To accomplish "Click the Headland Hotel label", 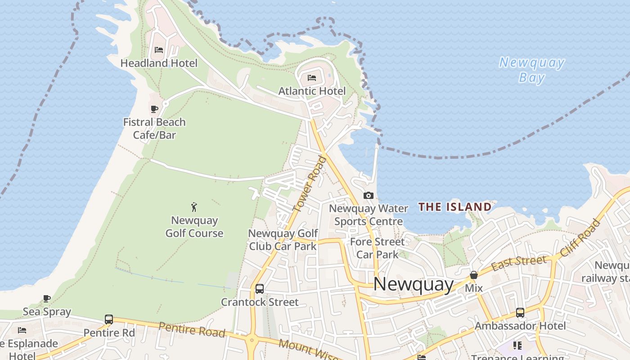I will [x=159, y=63].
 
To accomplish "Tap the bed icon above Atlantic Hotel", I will [x=312, y=78].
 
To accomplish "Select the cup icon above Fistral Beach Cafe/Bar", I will [x=154, y=109].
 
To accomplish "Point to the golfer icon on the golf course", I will [x=194, y=207].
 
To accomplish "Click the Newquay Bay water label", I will [x=532, y=70].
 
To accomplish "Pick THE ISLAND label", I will [x=455, y=207].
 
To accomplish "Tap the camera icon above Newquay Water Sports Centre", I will [x=368, y=195].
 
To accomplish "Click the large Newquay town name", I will [x=414, y=284].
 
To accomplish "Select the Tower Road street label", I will [x=309, y=184].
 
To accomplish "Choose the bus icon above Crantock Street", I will [x=260, y=289].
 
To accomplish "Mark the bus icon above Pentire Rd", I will [x=109, y=319].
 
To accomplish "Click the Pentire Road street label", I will [x=192, y=329].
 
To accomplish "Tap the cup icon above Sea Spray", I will [x=47, y=298].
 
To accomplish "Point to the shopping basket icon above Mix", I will [x=473, y=275].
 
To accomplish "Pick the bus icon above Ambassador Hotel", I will [x=520, y=312].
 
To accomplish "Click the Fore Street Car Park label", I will [x=377, y=248].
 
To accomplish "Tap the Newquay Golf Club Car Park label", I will [x=283, y=240].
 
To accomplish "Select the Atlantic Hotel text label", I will [x=312, y=91].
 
